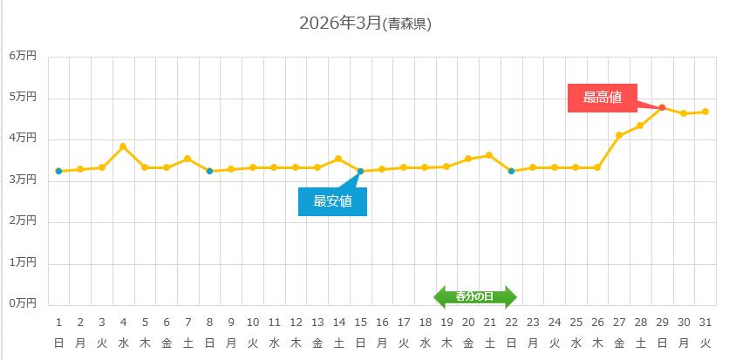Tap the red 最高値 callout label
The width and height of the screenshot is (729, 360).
602,98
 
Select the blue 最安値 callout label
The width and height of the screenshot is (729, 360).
332,201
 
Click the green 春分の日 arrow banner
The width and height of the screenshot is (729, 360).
475,296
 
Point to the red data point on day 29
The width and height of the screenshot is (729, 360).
662,108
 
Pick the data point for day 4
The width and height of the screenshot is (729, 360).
123,146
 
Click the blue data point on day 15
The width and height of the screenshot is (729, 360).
360,171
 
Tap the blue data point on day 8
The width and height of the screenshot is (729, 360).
209,171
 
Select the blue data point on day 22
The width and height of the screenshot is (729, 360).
511,171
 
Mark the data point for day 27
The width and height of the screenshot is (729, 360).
619,135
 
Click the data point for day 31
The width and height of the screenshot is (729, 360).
705,112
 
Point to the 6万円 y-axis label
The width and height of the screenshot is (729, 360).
24,56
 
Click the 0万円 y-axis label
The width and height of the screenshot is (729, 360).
24,303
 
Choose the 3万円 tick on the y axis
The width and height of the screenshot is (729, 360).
24,180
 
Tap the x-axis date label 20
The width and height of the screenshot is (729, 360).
468,321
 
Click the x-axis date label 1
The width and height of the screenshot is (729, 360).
58,321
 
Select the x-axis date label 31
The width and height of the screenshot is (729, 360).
705,321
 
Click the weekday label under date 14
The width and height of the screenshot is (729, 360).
338,343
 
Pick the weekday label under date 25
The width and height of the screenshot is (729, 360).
576,343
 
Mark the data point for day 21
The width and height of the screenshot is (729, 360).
489,155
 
